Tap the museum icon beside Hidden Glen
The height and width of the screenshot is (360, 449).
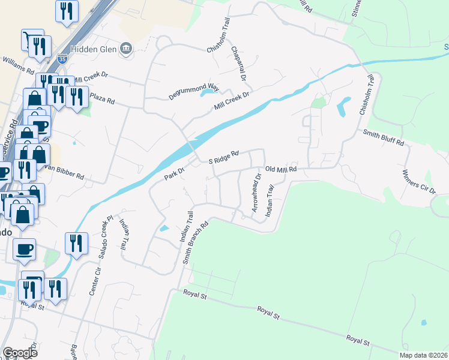pos(126,49)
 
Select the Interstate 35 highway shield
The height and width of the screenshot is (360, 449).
pos(62,59)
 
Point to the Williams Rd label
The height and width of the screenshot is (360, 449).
pos(18,65)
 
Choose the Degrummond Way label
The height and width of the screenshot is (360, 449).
pos(194,91)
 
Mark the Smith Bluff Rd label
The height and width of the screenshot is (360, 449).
pos(384,138)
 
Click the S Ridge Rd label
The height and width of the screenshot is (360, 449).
pos(223,157)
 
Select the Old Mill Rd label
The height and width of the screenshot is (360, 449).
pos(281,170)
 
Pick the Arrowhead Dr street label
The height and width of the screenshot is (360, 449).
pos(255,192)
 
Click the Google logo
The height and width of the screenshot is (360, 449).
pos(20,352)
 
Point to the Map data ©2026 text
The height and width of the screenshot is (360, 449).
pos(423,355)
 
